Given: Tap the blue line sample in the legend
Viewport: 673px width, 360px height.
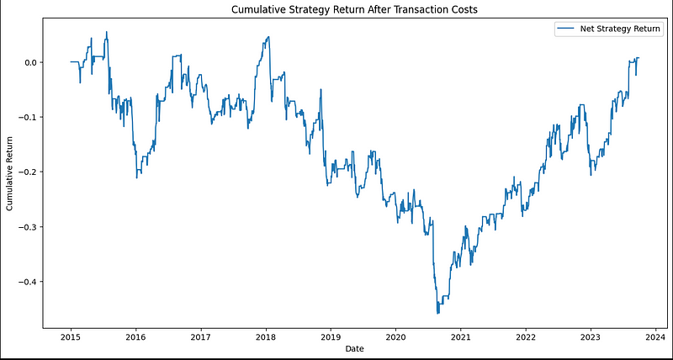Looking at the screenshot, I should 565,29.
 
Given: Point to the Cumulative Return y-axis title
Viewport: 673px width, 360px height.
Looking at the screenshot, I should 10,172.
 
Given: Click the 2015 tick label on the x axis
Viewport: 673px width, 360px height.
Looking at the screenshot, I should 70,334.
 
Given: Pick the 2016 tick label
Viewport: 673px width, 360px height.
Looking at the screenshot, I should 135,334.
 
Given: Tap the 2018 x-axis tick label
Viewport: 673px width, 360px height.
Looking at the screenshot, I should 265,334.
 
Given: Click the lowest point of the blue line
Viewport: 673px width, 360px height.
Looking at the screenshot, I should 437,314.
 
